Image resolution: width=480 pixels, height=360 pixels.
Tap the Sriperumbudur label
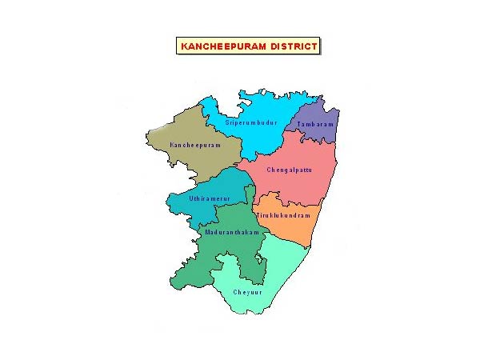[x=250, y=122]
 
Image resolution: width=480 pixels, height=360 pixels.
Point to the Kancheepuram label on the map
[x=194, y=145]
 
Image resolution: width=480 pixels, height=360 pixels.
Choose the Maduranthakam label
[x=233, y=231]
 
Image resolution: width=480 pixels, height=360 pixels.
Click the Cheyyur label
[x=246, y=292]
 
